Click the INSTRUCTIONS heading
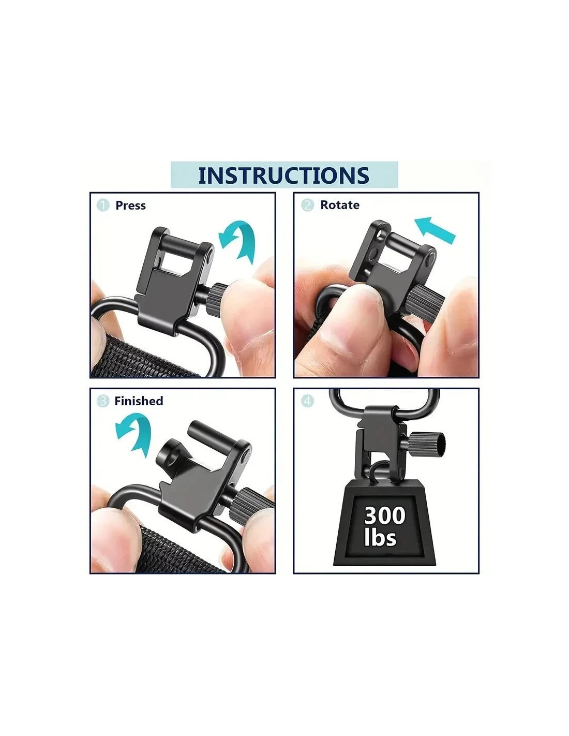pos(283,175)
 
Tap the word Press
pos(130,205)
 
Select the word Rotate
pos(339,205)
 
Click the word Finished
pos(139,401)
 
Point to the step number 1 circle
pos(103,205)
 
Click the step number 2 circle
pos(307,205)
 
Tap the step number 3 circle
pos(103,401)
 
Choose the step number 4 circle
pos(307,401)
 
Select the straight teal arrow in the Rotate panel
pos(435,229)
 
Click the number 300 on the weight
pos(385,515)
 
